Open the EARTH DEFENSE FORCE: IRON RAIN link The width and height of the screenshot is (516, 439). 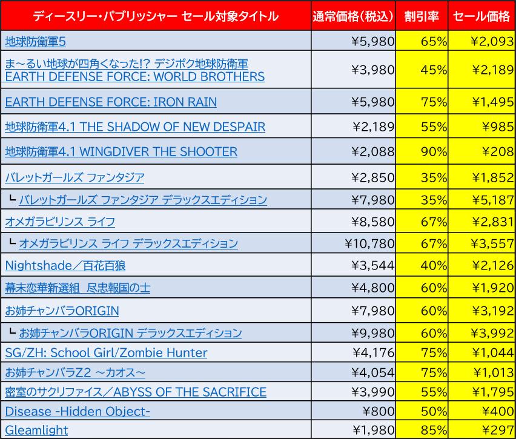110,101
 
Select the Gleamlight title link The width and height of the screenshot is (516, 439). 36,430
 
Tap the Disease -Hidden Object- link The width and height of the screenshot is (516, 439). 78,412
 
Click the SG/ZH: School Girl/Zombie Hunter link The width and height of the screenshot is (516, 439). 106,352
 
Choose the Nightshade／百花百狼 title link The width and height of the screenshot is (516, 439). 65,265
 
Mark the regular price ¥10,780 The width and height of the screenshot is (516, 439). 369,243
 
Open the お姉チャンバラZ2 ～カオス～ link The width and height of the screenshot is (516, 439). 75,372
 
